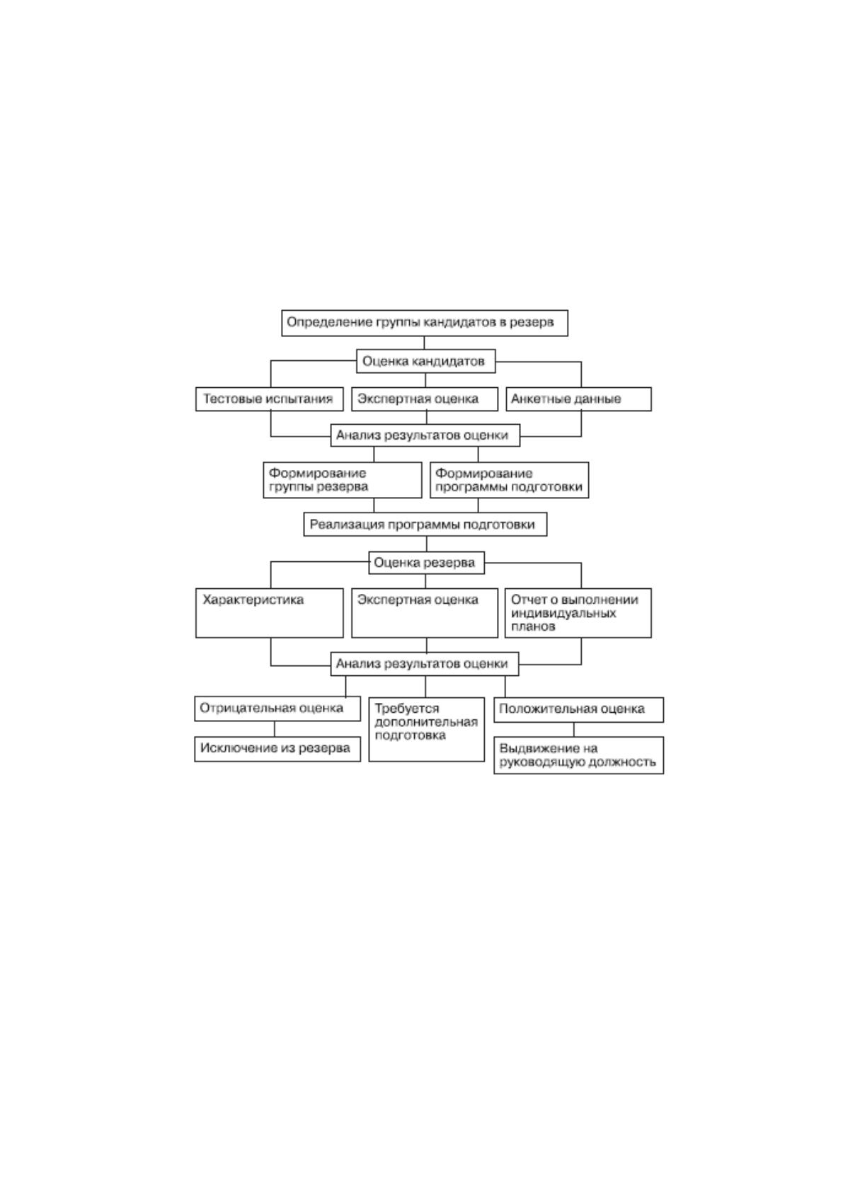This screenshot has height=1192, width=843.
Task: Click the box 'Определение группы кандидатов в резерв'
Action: (424, 323)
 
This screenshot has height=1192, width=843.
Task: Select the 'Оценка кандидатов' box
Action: (425, 361)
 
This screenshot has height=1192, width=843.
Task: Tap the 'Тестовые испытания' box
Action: (269, 399)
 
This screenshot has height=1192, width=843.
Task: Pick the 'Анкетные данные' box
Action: (578, 399)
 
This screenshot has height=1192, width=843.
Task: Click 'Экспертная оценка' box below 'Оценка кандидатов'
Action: (425, 399)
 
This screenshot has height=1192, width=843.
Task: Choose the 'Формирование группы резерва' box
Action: (342, 480)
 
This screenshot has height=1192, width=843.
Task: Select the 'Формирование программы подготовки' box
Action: (510, 480)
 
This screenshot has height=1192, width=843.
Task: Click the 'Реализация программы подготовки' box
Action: (425, 525)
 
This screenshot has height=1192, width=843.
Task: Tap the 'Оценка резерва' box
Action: (426, 563)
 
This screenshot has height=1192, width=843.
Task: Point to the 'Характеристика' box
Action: (269, 612)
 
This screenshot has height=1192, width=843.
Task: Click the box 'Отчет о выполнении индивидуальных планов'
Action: (578, 612)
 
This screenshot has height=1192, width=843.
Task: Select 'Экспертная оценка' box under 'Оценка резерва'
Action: (425, 612)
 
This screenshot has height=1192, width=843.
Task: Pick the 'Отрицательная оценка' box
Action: (277, 709)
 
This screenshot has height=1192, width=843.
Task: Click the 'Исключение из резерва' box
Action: (277, 749)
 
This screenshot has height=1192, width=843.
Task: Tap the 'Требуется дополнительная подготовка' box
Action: (426, 729)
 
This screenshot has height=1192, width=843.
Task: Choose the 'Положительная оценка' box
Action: (578, 709)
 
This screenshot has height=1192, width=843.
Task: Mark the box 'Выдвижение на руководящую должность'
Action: (578, 755)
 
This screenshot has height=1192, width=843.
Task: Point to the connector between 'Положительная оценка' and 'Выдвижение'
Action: (574, 730)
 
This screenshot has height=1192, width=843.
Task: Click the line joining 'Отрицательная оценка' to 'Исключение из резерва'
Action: (275, 729)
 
